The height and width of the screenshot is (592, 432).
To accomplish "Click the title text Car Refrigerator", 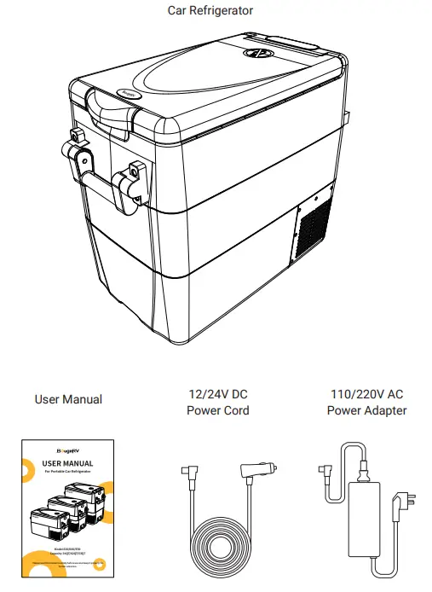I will point(210,10).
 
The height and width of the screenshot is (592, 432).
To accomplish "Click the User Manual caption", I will point(68,399).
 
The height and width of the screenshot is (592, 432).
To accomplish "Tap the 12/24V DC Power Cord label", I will point(217,402).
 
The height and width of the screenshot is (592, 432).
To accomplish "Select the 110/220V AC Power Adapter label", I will point(366,402).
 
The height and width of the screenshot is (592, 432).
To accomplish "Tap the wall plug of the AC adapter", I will point(399,511).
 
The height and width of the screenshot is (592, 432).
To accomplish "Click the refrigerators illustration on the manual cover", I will point(65,509).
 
